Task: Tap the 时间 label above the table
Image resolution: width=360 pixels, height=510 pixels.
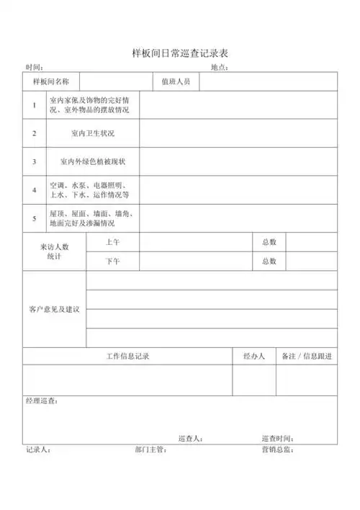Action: [x=34, y=68]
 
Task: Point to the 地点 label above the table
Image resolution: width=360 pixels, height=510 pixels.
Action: [x=219, y=68]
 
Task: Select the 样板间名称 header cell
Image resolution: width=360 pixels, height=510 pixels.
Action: [x=51, y=82]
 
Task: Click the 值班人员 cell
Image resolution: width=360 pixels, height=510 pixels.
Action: [x=176, y=82]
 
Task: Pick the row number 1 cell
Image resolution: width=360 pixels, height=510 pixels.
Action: [x=34, y=105]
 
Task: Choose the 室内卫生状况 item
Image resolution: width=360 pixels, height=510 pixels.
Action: [x=93, y=133]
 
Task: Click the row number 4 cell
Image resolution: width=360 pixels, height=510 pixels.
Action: [x=34, y=189]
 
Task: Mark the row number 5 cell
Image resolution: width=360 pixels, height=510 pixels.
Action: [x=34, y=218]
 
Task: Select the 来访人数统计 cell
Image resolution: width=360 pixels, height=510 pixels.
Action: [x=54, y=251]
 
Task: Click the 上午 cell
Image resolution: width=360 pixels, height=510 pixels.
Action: [x=112, y=242]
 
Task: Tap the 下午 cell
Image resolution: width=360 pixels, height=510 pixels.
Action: [x=112, y=261]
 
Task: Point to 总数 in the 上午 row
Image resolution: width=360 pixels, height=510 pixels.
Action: [x=269, y=242]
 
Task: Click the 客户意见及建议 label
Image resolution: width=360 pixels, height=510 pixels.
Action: [x=54, y=309]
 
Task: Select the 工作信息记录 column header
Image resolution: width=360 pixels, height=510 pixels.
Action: [x=127, y=357]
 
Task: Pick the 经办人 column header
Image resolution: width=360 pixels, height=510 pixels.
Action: [x=253, y=357]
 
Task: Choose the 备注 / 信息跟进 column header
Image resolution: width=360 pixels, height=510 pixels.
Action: [x=306, y=357]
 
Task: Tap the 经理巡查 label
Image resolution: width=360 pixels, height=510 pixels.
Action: [x=41, y=401]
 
